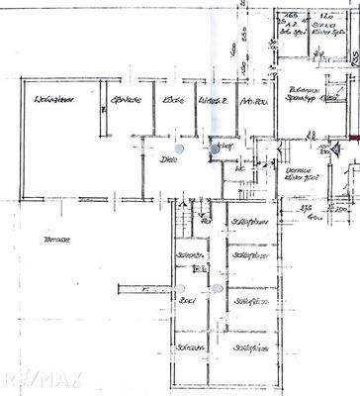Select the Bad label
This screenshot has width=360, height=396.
[185, 299]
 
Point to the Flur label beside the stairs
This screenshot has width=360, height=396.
[225, 145]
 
